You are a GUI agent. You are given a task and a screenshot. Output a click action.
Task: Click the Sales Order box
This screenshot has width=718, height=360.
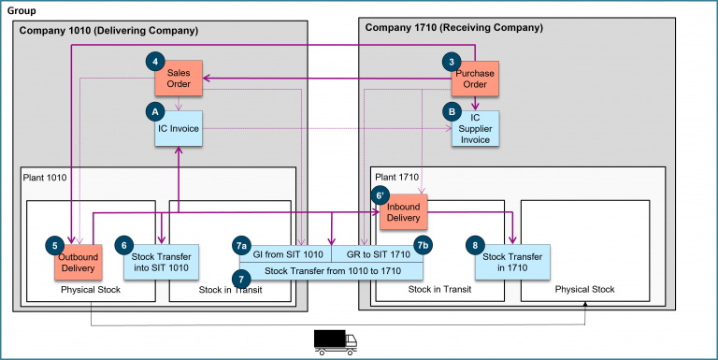click(179, 79)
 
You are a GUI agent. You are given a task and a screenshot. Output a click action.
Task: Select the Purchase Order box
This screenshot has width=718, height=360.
click(476, 79)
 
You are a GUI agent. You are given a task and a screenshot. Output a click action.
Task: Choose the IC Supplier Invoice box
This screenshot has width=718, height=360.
click(475, 128)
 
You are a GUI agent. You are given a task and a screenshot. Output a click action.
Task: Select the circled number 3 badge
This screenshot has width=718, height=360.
click(452, 62)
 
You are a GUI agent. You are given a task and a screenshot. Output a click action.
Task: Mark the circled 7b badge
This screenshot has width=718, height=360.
click(423, 246)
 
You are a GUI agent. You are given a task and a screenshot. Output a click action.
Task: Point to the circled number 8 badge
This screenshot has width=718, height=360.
click(476, 245)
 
